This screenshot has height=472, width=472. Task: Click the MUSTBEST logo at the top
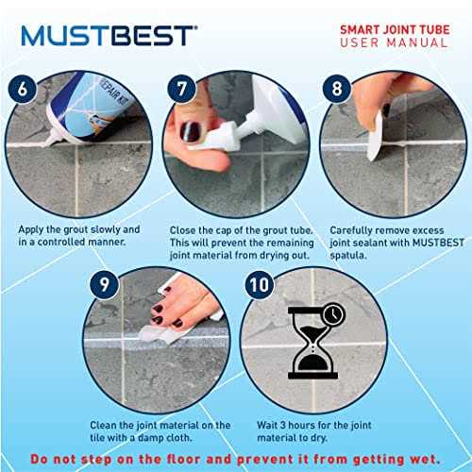(110, 36)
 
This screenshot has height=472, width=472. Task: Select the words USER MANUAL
(395, 44)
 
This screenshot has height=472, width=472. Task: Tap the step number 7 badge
(179, 92)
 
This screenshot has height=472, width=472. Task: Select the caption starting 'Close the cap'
(236, 242)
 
